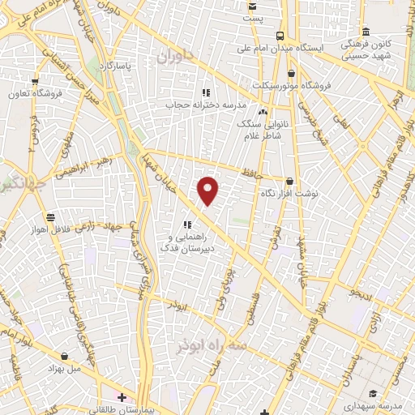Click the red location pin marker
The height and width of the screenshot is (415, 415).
point(208,190)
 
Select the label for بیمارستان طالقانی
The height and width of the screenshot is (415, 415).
point(156,409)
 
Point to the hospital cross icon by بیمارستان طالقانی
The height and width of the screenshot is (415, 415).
point(122,398)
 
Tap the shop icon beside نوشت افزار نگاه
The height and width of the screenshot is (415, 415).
point(289,182)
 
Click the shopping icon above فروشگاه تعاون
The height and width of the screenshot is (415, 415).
point(35,81)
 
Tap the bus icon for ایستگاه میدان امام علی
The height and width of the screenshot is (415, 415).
point(280,36)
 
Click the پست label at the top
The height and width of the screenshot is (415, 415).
point(254,19)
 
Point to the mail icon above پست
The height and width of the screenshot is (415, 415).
point(253,6)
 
